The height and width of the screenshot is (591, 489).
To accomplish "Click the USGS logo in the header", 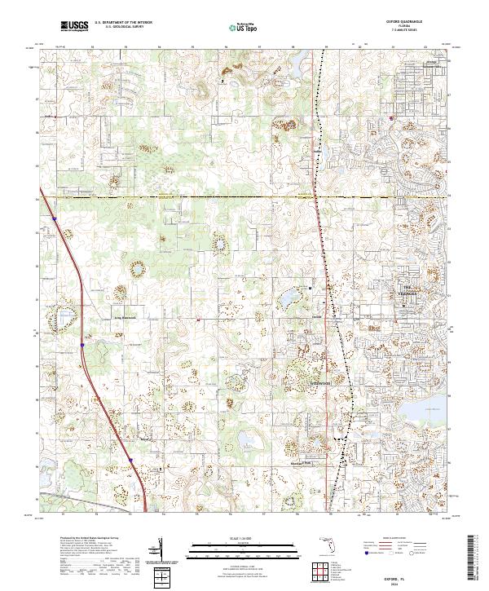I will [x=75, y=27].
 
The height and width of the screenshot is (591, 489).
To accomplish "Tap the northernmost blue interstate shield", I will [x=54, y=218].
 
